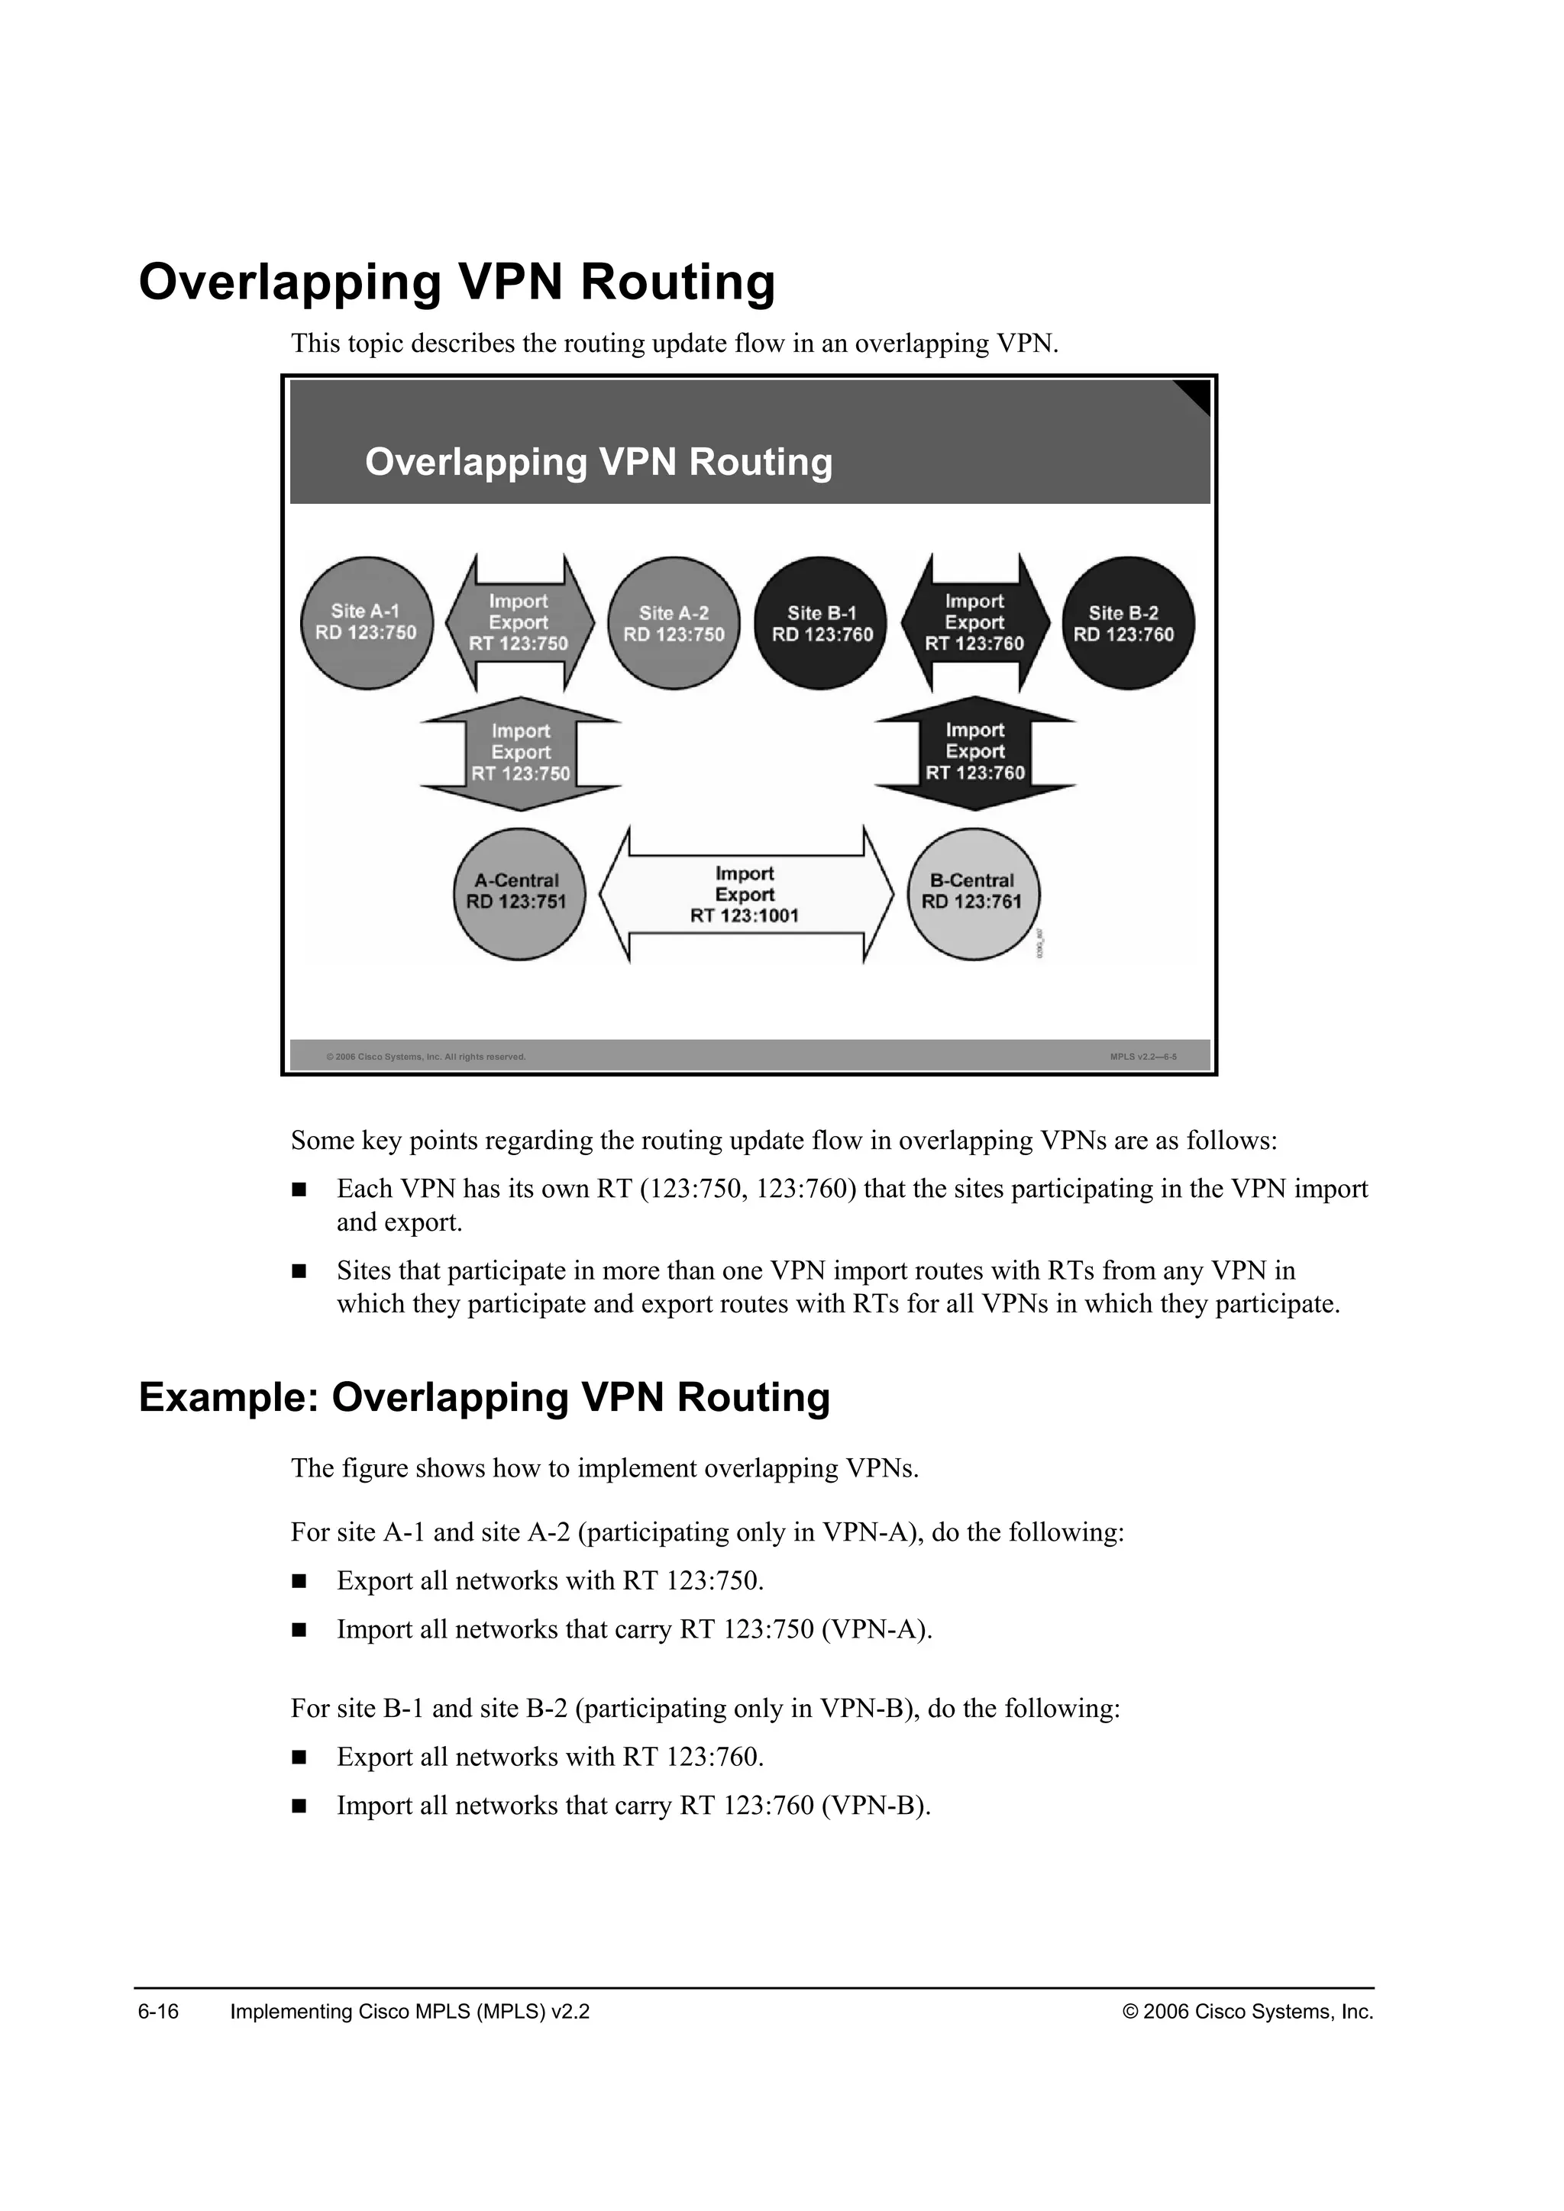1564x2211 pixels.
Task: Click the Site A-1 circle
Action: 366,622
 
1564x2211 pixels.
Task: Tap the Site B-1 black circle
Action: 822,622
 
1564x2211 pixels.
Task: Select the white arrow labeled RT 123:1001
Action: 745,895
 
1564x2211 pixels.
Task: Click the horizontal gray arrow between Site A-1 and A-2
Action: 519,622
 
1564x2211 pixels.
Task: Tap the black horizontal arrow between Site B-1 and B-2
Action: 974,622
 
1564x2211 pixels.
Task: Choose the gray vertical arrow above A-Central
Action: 521,753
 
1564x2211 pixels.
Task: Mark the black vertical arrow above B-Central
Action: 974,752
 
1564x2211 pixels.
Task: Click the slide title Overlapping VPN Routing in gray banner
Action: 598,462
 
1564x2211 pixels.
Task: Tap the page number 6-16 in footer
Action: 158,2012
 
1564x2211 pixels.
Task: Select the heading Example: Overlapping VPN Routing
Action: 483,1397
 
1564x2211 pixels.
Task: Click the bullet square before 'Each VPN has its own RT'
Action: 299,1189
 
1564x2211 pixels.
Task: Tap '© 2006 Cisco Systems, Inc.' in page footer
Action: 1247,2012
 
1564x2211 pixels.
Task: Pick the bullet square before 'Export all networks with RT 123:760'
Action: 299,1758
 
